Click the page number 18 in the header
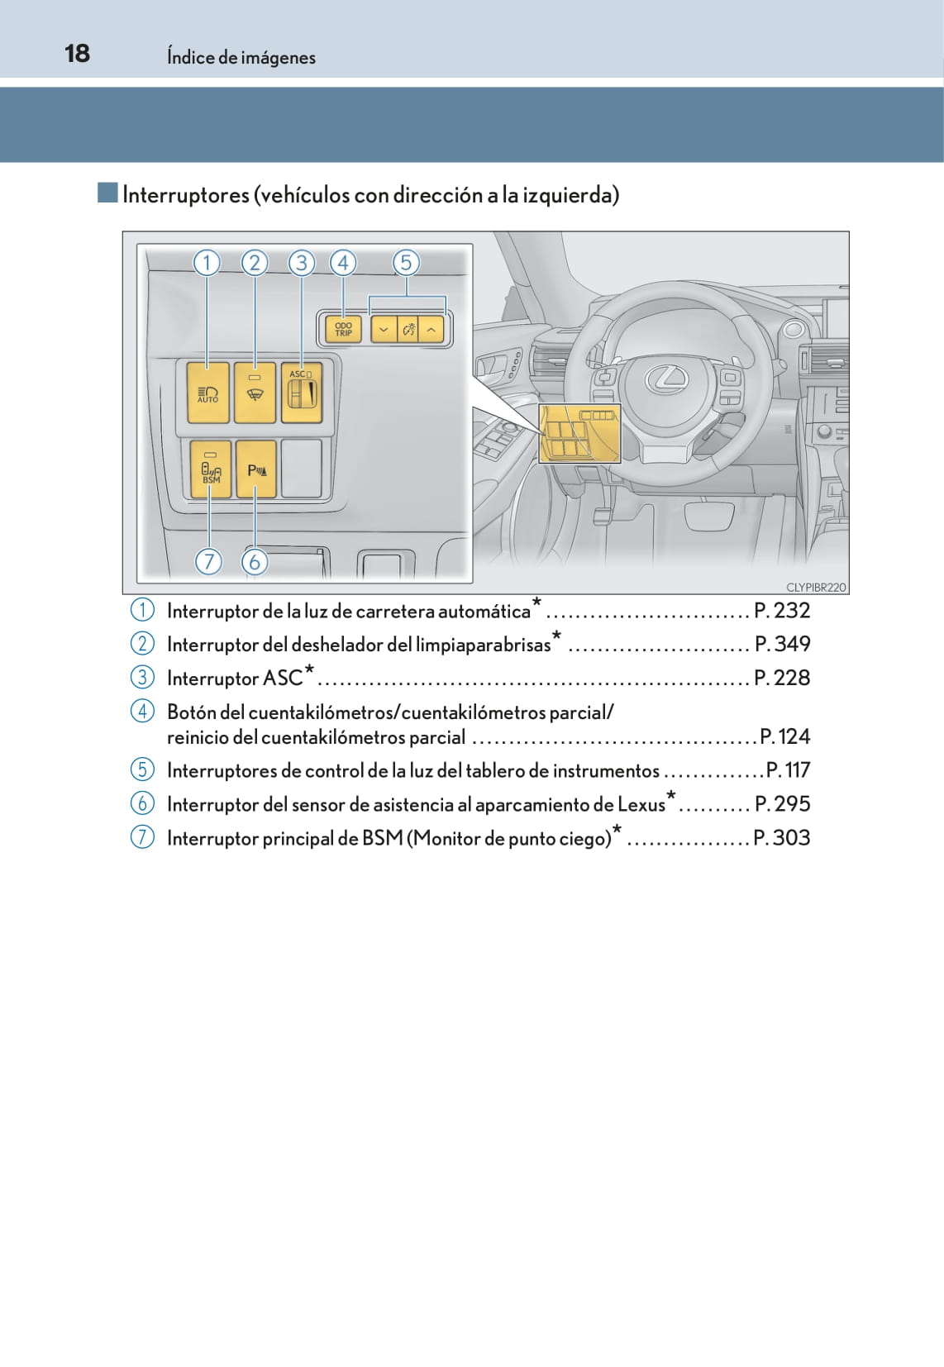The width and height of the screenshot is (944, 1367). click(78, 54)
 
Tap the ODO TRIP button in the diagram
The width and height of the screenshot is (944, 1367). click(343, 330)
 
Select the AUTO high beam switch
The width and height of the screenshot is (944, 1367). click(208, 393)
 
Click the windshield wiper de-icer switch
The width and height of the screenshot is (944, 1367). click(255, 393)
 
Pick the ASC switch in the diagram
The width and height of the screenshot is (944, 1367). click(302, 393)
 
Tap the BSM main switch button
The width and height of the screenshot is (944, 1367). click(211, 469)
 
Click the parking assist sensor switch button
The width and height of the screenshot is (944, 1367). click(256, 469)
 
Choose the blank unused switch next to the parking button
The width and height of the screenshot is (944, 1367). click(302, 469)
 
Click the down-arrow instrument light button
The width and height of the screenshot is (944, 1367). click(384, 330)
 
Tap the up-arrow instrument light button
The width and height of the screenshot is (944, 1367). click(431, 330)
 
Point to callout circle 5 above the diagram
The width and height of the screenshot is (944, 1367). click(406, 263)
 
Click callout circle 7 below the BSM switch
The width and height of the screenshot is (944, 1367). click(208, 561)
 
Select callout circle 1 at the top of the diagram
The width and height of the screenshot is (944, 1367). click(207, 263)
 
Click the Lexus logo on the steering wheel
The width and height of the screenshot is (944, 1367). click(667, 378)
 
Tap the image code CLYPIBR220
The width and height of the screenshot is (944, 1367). click(816, 587)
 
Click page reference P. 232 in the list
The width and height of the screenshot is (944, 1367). click(782, 610)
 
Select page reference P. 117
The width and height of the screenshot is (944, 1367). click(788, 770)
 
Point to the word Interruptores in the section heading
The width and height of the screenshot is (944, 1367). click(186, 195)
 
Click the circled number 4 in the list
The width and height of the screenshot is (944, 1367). click(141, 711)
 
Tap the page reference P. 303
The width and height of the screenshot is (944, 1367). click(782, 838)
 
